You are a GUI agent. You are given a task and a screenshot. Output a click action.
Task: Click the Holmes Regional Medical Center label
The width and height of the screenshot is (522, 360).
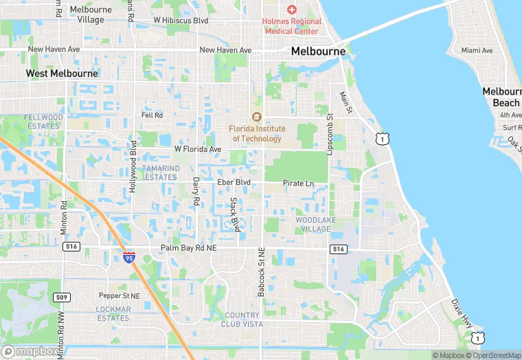(x=291, y=26)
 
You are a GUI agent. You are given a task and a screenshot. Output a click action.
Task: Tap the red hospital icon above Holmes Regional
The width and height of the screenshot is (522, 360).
(x=291, y=9)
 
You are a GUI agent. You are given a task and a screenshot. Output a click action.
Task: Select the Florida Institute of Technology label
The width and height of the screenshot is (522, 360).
(x=257, y=133)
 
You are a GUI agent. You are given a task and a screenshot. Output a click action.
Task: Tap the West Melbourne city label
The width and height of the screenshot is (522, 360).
(x=62, y=73)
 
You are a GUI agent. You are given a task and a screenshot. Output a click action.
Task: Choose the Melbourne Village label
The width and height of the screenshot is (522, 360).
(x=81, y=15)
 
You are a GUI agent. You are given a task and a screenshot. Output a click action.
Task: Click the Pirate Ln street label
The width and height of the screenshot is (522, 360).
(x=298, y=183)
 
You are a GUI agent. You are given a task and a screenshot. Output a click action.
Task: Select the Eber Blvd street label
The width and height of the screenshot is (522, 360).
(x=234, y=182)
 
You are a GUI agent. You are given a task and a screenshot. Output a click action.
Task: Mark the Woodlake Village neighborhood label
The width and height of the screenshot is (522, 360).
(x=313, y=224)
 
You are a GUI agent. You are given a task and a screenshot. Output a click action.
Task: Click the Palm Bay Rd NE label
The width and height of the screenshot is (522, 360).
(x=188, y=247)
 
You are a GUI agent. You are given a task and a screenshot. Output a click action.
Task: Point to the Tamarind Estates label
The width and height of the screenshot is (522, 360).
(x=160, y=172)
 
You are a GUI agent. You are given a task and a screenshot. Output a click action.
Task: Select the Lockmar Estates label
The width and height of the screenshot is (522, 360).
(x=113, y=313)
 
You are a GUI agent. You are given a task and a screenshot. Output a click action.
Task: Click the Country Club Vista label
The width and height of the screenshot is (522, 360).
(x=242, y=319)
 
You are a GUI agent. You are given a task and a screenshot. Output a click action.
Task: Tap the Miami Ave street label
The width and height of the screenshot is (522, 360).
(x=477, y=50)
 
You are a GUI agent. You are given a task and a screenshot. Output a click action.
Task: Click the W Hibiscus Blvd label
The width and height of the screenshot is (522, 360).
(x=181, y=21)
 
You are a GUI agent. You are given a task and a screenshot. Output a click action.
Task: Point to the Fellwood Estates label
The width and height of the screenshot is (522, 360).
(x=43, y=122)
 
